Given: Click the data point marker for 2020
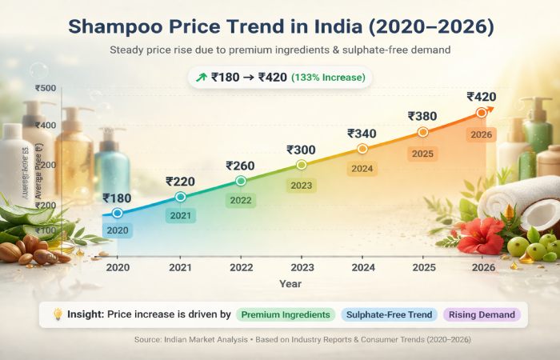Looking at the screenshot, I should [x=118, y=213].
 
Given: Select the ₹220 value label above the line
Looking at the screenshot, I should [x=180, y=182].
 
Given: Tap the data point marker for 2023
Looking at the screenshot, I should [x=302, y=164].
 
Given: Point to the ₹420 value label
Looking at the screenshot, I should [x=482, y=97].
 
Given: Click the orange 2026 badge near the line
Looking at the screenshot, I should [x=482, y=134].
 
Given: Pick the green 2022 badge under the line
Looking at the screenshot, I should [x=241, y=200].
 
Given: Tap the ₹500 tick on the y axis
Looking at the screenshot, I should [x=46, y=88].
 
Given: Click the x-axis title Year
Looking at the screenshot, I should [x=290, y=284].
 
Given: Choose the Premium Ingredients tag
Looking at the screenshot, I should [x=286, y=315].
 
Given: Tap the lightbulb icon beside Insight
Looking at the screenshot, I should [x=57, y=314].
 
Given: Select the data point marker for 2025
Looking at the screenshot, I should [x=423, y=131].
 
